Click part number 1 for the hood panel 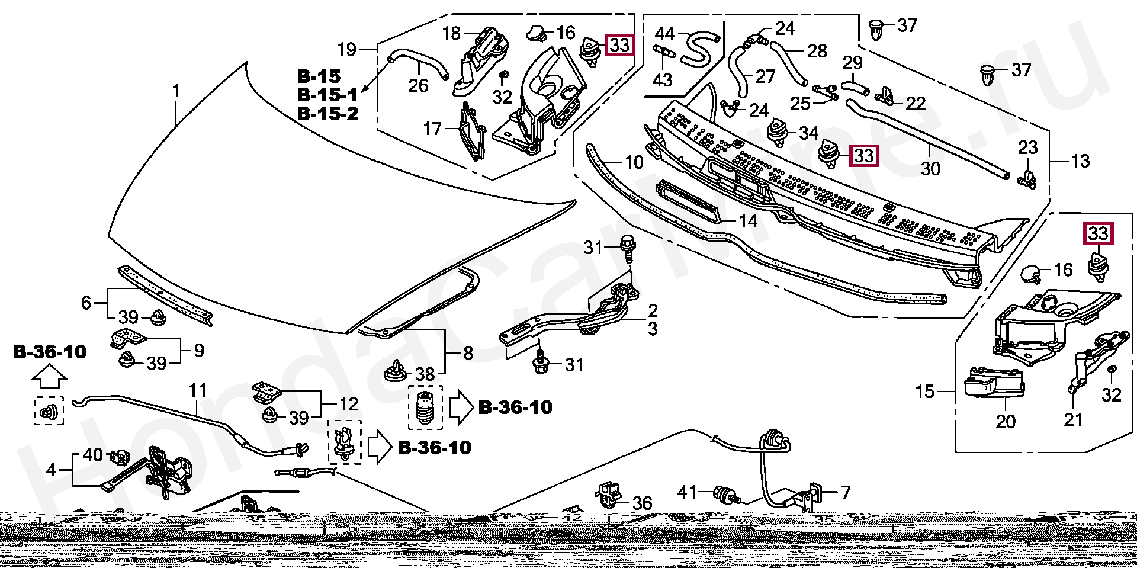176,92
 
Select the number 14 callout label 748,222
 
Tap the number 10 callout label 634,162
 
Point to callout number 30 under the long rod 930,169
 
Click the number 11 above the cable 198,391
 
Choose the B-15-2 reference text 327,114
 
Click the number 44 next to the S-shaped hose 664,33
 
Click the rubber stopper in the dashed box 425,407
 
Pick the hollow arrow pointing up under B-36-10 49,376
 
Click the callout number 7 846,492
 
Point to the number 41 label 687,492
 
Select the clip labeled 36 609,494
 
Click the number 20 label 1006,422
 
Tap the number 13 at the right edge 1081,161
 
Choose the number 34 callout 808,133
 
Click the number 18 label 451,33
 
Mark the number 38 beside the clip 425,374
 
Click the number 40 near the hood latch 93,455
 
